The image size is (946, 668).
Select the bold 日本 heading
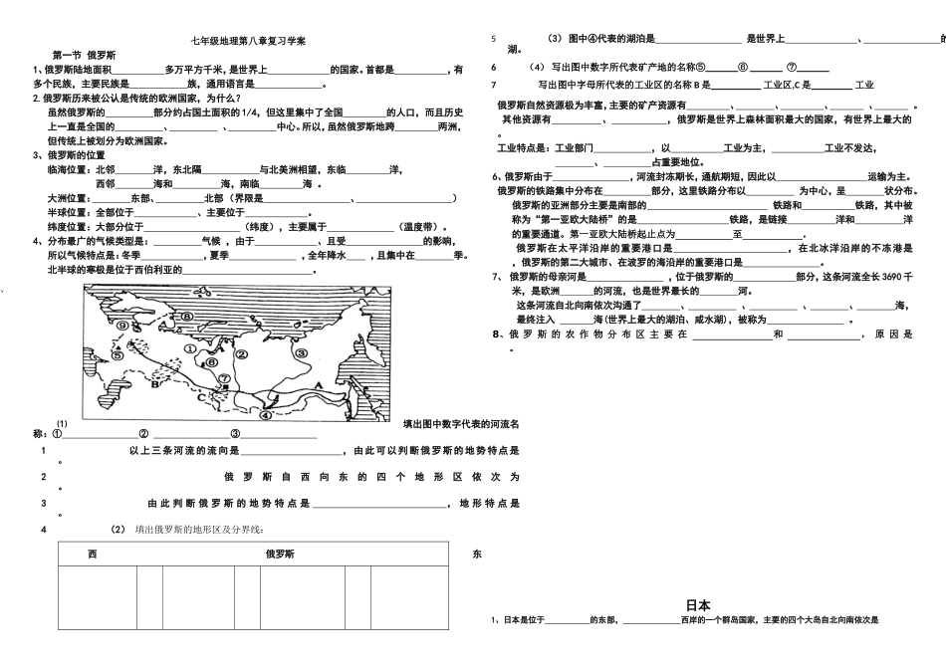[698, 604]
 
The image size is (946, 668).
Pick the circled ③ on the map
[298, 351]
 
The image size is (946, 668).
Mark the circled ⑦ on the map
[225, 377]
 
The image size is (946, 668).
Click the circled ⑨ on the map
[121, 325]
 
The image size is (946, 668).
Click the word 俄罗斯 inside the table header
[280, 554]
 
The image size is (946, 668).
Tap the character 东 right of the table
[477, 554]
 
